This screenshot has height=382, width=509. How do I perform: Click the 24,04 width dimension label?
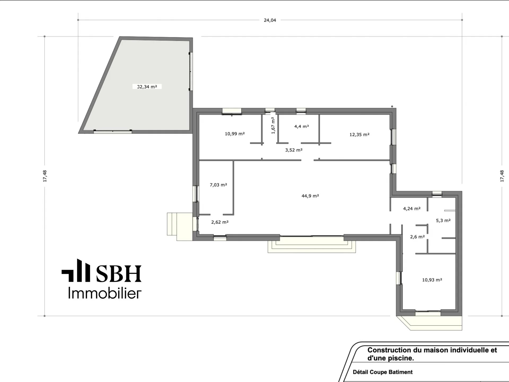pos(270,20)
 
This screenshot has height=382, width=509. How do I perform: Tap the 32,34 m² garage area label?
pos(147,87)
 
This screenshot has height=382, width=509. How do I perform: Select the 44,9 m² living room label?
pos(310,196)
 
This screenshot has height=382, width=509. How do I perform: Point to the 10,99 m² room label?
pos(235,134)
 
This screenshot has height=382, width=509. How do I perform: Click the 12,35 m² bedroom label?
pos(359,134)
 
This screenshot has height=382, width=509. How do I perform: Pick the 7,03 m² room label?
pos(218,185)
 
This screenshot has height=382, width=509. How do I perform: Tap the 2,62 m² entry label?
pos(220,222)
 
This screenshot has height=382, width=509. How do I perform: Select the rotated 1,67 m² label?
pos(273,125)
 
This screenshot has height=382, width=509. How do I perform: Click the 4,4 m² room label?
pos(301,127)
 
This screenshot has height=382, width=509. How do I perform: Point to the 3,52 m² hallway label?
pos(294,150)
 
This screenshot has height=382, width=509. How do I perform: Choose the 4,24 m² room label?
pos(412,209)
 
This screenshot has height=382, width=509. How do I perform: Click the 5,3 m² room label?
pos(443,220)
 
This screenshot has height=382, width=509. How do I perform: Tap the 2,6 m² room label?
pos(417,237)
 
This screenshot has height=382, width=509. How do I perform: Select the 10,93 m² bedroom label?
pos(432,280)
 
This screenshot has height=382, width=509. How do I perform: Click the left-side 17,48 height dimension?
pos(45,176)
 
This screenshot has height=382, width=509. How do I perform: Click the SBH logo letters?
pos(119,274)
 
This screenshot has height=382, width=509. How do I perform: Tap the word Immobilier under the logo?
pos(105,293)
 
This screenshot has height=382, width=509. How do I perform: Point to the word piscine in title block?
pos(403,358)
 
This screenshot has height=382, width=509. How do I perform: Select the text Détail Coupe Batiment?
pos(383,372)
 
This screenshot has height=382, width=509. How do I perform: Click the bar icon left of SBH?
pos(76,270)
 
